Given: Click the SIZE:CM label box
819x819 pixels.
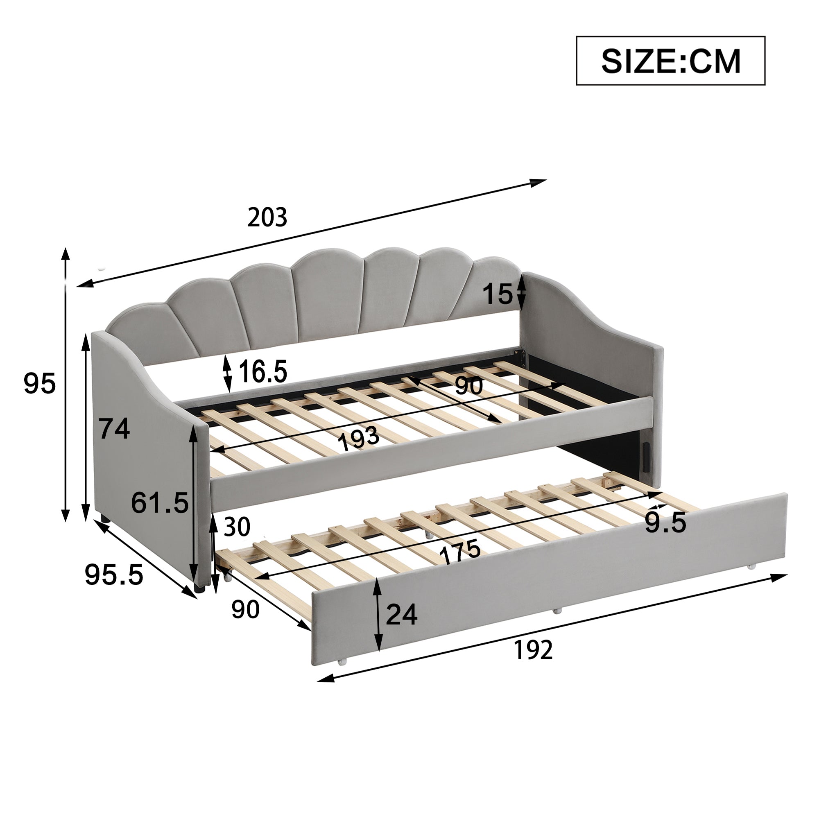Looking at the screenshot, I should [x=670, y=61].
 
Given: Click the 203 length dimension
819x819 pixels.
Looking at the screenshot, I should [x=267, y=217].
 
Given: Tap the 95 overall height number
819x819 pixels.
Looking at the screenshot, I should [x=39, y=383].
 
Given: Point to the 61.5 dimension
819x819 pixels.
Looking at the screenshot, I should [x=159, y=503].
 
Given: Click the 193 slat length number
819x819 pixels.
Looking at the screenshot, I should [x=358, y=438].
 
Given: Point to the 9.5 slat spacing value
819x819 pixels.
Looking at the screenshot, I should [x=665, y=523].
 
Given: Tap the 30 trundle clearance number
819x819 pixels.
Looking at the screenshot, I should [x=237, y=527].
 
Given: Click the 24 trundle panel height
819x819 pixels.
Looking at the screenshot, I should [x=401, y=615].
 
